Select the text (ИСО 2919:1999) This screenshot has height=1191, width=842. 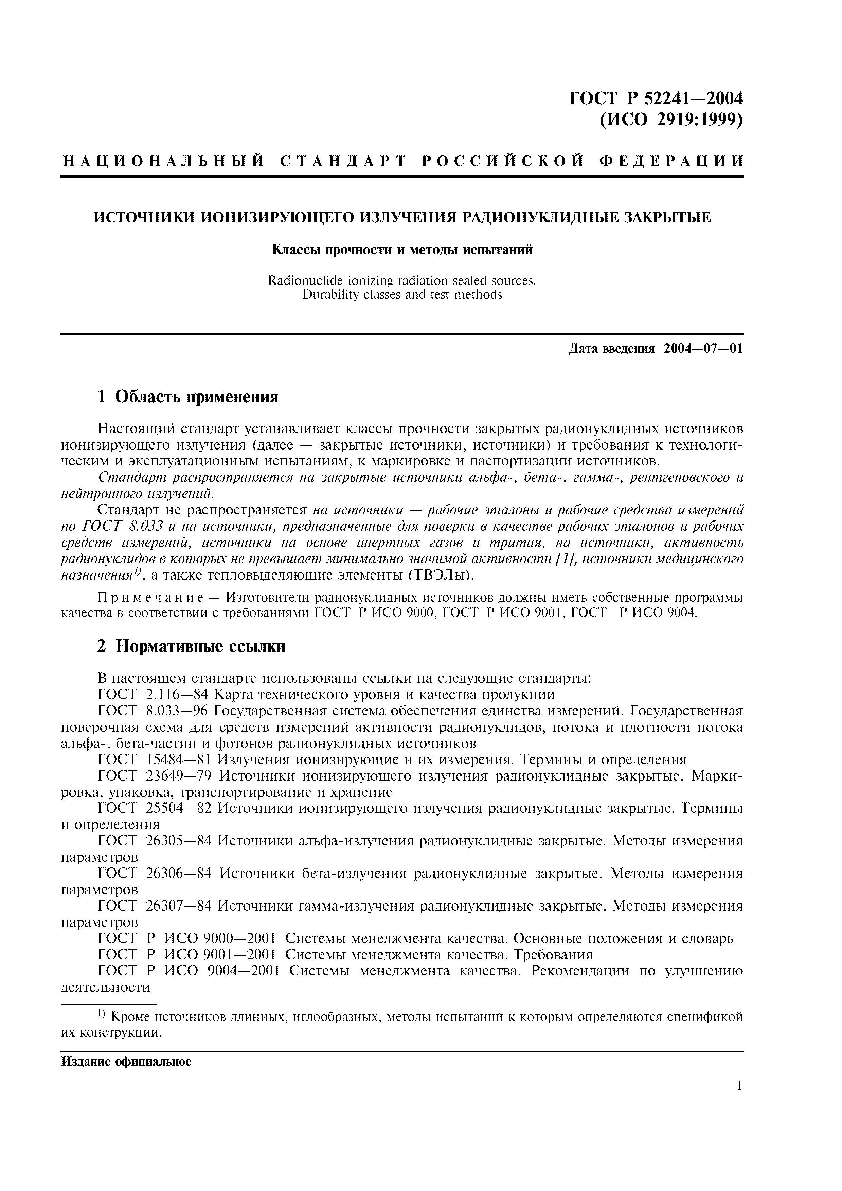point(671,120)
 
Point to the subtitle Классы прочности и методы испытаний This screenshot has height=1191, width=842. point(402,250)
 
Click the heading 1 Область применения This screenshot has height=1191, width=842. point(188,397)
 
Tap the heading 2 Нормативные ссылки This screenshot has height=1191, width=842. point(192,647)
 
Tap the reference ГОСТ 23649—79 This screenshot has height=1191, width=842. point(156,776)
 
